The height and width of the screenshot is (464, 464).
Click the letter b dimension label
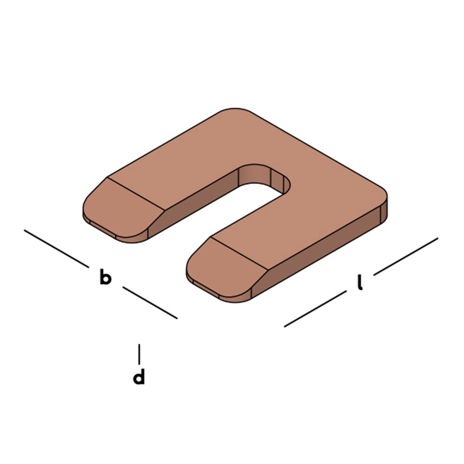click(105, 278)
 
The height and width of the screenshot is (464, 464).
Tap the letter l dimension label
click(360, 282)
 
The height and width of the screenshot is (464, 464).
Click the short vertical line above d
click(139, 354)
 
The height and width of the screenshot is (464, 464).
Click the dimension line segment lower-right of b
click(150, 303)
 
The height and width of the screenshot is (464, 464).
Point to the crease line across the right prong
click(238, 254)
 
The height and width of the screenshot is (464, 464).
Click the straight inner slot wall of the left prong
click(204, 195)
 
